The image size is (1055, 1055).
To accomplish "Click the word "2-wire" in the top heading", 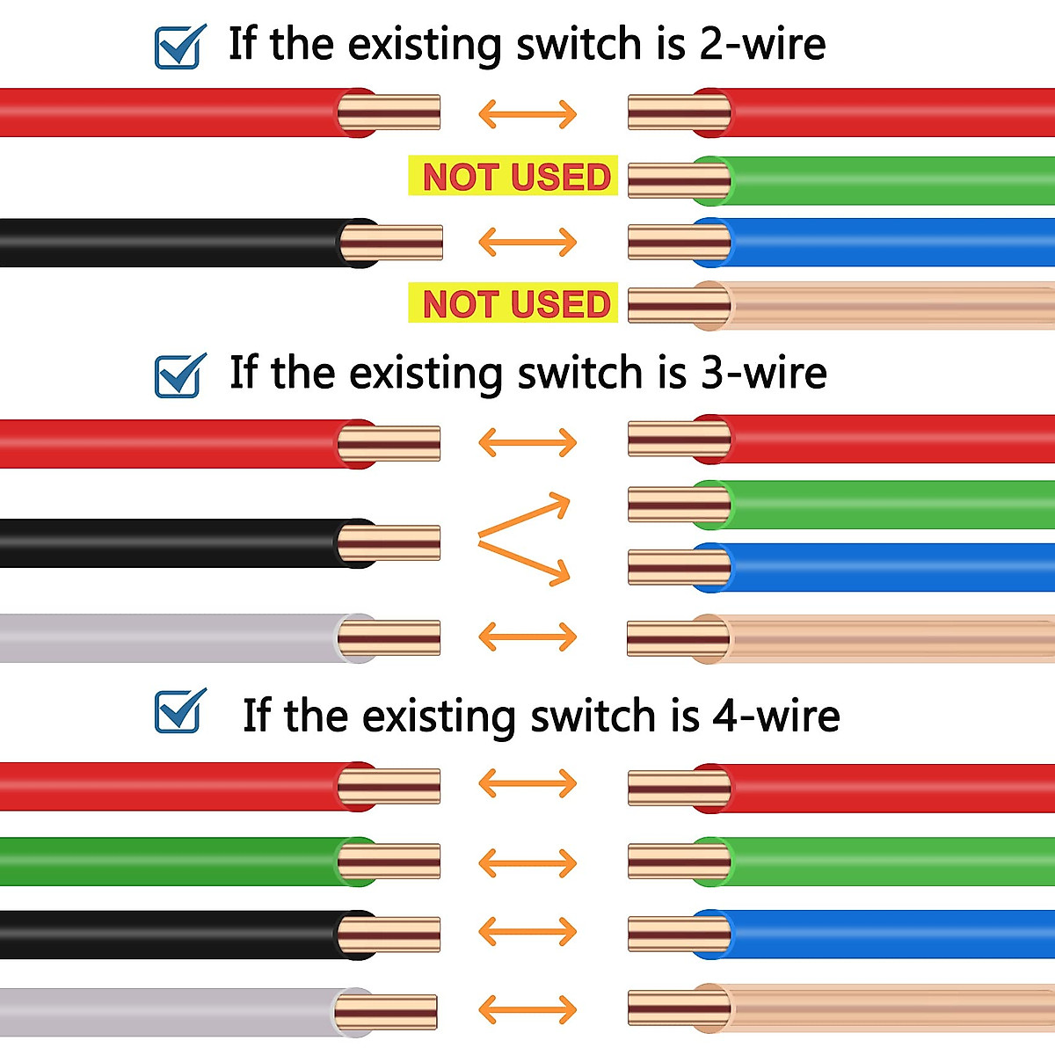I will click(762, 44).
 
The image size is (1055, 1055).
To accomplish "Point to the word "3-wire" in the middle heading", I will click(763, 373).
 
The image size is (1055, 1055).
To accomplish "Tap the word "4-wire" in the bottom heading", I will click(776, 716).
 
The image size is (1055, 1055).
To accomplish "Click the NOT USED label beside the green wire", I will click(516, 177).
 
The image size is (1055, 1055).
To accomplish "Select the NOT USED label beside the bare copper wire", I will click(516, 304).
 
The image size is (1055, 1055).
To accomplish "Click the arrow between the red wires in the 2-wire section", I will click(527, 113).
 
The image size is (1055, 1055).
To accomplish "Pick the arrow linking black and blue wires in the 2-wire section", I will click(527, 242).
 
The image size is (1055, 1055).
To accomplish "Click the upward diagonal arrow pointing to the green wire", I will click(525, 515).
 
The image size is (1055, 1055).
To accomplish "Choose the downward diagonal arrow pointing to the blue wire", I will click(525, 563).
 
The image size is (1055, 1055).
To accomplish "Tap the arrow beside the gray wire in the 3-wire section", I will click(527, 637).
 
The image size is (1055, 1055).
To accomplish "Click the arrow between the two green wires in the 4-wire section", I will click(527, 862).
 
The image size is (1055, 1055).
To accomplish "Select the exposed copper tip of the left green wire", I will click(391, 862).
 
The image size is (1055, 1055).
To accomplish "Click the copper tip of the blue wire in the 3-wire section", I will click(677, 567).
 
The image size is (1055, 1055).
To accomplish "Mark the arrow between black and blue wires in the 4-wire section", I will click(527, 931).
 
